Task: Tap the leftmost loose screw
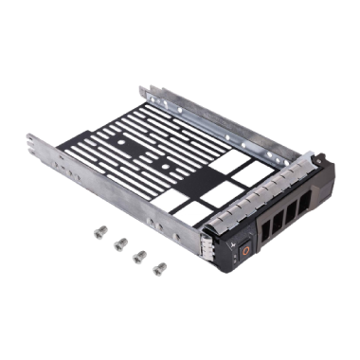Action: coord(98,228)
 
